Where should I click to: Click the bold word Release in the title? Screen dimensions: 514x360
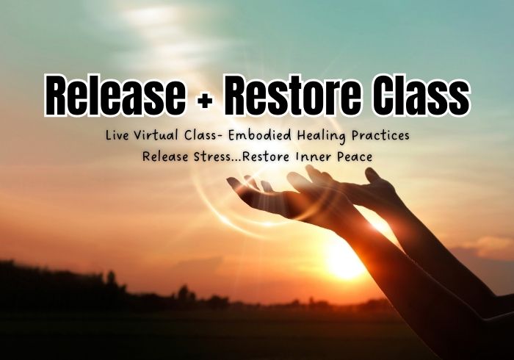[115, 95]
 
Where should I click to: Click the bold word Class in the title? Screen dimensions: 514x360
[422, 95]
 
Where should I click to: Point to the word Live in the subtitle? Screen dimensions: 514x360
[117, 135]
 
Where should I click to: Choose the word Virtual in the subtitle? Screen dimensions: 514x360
[156, 135]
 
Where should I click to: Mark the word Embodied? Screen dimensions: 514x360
[260, 135]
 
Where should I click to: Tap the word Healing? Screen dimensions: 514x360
[322, 136]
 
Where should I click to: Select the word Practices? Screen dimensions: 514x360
[380, 135]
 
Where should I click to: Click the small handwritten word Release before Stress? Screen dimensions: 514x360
[165, 156]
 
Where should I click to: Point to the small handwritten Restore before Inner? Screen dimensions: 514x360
[266, 156]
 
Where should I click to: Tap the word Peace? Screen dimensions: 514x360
[355, 156]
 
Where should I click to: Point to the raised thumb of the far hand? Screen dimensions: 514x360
[374, 176]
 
